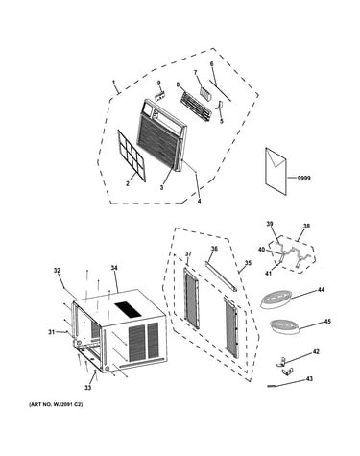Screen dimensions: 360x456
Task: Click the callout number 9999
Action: tap(303, 179)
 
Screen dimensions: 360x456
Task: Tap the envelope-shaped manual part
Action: tap(276, 171)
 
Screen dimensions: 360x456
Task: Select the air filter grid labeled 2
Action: tap(132, 156)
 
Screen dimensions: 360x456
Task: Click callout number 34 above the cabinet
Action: tap(114, 268)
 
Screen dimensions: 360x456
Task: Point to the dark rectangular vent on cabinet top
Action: tap(128, 310)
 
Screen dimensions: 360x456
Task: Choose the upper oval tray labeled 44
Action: tap(274, 300)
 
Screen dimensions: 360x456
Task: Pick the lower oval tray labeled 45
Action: tap(283, 326)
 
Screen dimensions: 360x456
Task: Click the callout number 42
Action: tap(316, 352)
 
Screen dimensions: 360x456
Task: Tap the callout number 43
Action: tap(309, 379)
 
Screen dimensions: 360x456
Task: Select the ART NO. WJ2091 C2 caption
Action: tap(56, 404)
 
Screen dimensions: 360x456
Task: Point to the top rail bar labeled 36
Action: tap(222, 276)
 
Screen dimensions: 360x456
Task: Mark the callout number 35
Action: tap(248, 263)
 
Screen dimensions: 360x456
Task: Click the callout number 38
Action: tap(306, 227)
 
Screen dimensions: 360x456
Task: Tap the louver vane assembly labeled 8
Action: tap(196, 107)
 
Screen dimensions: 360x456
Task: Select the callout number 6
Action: tap(211, 64)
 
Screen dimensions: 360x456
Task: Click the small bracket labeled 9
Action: tap(160, 96)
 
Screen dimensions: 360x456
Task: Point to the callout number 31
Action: tap(52, 332)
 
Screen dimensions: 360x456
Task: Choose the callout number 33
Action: tap(87, 388)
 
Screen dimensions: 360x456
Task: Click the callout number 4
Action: tap(199, 201)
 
